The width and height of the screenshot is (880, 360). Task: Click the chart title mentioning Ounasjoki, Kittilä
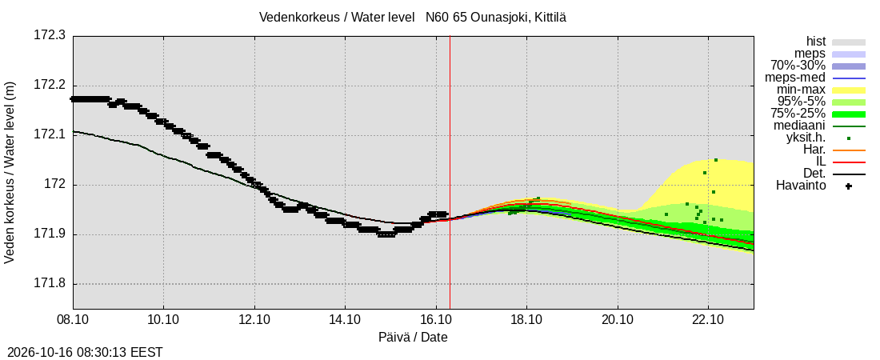pyautogui.click(x=413, y=18)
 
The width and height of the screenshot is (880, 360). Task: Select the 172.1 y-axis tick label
pyautogui.click(x=50, y=135)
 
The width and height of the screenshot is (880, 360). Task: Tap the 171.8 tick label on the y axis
pyautogui.click(x=50, y=284)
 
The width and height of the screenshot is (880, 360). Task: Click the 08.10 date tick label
pyautogui.click(x=73, y=321)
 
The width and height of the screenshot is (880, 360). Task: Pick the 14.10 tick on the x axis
pyautogui.click(x=345, y=321)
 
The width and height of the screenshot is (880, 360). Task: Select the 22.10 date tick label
pyautogui.click(x=708, y=321)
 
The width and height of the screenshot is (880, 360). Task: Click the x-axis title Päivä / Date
pyautogui.click(x=413, y=338)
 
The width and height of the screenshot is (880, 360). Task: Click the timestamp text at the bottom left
pyautogui.click(x=82, y=353)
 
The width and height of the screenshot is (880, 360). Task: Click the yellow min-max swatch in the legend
pyautogui.click(x=849, y=90)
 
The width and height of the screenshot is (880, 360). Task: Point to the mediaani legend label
pyautogui.click(x=800, y=126)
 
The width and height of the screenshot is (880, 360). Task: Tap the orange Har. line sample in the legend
pyautogui.click(x=849, y=150)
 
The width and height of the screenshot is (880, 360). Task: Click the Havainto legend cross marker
pyautogui.click(x=849, y=186)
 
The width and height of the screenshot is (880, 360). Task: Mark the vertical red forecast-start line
pyautogui.click(x=450, y=173)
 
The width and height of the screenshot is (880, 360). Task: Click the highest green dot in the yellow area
pyautogui.click(x=715, y=160)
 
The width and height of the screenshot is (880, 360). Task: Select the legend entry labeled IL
pyautogui.click(x=821, y=162)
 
